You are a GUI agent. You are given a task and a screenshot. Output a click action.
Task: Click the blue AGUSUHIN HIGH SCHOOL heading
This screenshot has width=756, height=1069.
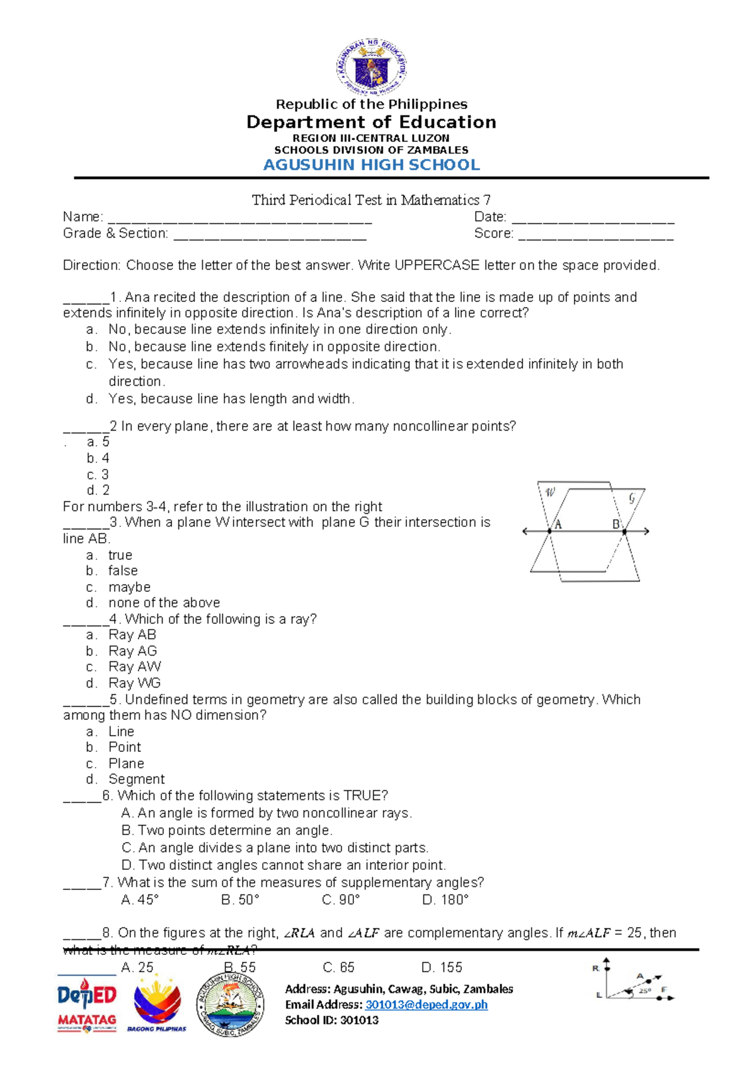371,165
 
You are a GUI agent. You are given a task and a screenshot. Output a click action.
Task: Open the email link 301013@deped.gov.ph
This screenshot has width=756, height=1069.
427,1005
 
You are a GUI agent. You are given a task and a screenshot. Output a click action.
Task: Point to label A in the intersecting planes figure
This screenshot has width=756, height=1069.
558,524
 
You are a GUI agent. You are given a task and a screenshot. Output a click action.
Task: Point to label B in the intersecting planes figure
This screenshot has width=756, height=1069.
616,524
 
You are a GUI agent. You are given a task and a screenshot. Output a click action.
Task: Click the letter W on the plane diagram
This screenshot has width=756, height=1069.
551,492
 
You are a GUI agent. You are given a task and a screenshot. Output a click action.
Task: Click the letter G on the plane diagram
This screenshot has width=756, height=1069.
632,499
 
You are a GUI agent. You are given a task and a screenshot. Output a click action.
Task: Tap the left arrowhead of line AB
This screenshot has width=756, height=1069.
525,531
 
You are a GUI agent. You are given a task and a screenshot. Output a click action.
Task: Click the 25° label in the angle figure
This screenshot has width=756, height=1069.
645,991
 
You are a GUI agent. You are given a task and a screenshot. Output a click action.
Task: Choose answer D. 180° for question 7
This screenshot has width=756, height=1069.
445,900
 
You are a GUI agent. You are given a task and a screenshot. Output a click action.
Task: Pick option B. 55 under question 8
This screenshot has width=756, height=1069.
239,968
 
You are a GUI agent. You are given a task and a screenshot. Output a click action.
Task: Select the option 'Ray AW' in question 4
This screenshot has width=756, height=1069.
135,667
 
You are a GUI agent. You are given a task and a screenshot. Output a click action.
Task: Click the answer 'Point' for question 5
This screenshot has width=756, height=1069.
125,748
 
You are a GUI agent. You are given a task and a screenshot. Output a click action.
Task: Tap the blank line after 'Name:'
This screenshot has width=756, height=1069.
239,219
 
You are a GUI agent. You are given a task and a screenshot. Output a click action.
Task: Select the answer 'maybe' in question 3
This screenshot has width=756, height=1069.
129,587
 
